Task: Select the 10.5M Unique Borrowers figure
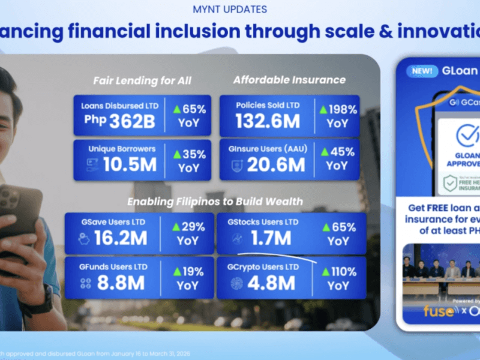coord(130,164)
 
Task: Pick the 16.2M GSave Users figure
coord(120,239)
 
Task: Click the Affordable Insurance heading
coord(289,80)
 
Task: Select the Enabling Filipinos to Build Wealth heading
coord(214,201)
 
